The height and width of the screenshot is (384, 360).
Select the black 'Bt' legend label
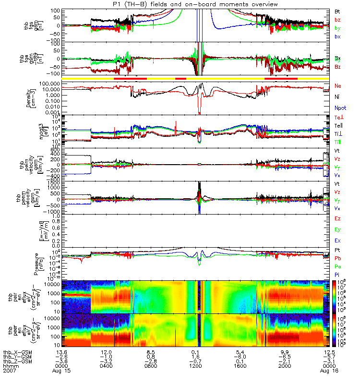pos(338,11)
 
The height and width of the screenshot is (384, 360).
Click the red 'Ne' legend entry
pos(338,86)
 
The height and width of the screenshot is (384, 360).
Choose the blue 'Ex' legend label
pos(338,240)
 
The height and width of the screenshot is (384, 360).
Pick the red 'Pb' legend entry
pos(338,258)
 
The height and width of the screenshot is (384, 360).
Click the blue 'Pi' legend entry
pos(337,275)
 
